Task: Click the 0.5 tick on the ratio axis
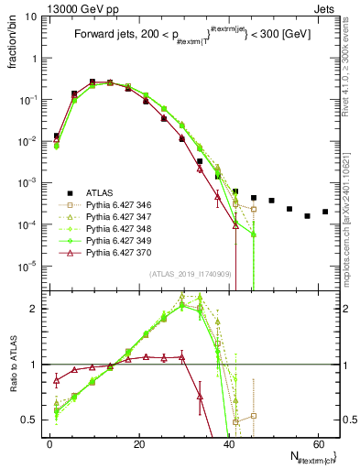34,420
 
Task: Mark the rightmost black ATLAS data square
325,213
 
